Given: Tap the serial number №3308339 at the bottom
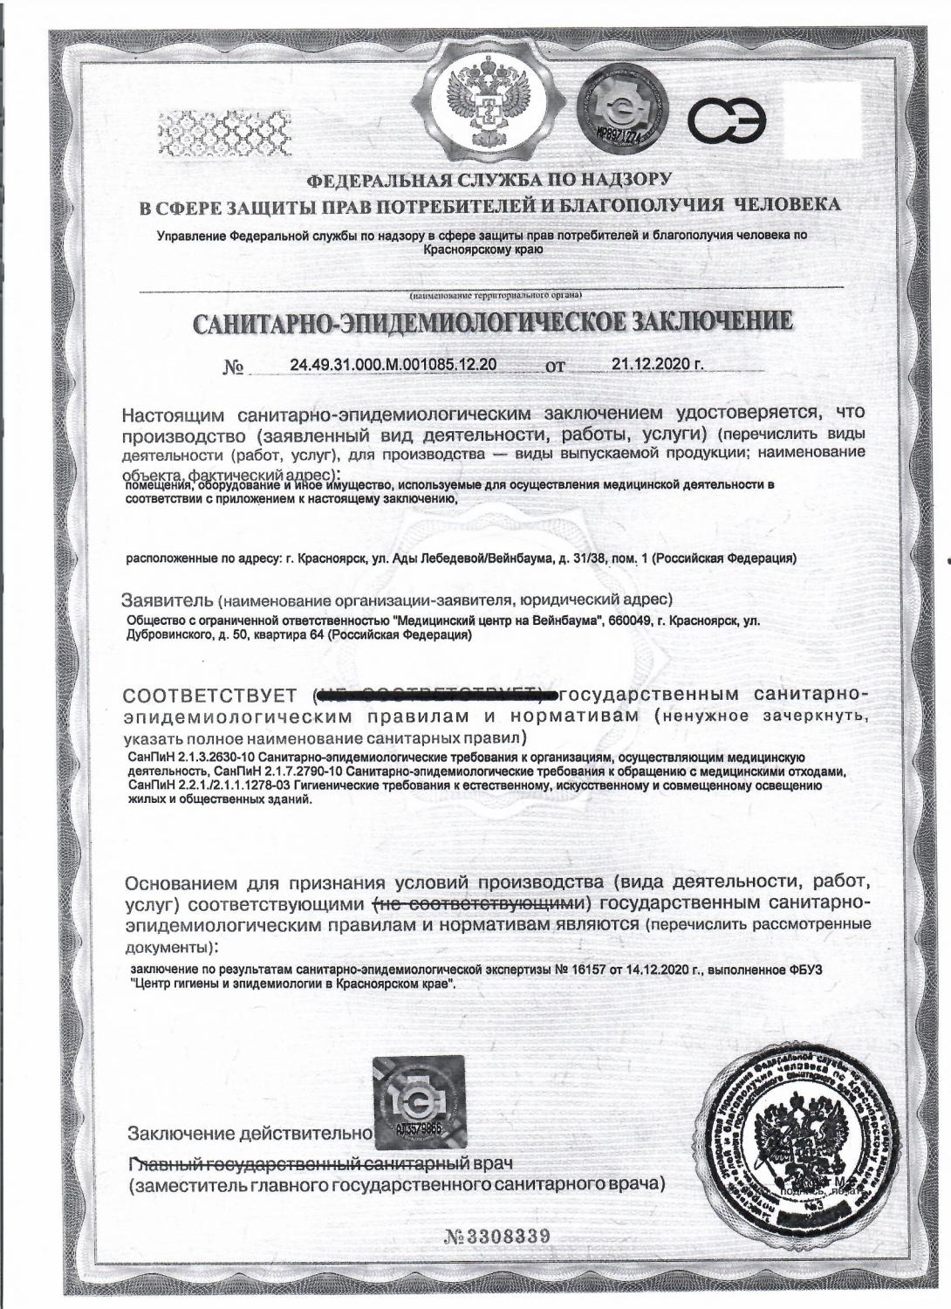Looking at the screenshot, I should click(x=498, y=1237).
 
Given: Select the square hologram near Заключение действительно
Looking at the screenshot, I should click(x=418, y=1101).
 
